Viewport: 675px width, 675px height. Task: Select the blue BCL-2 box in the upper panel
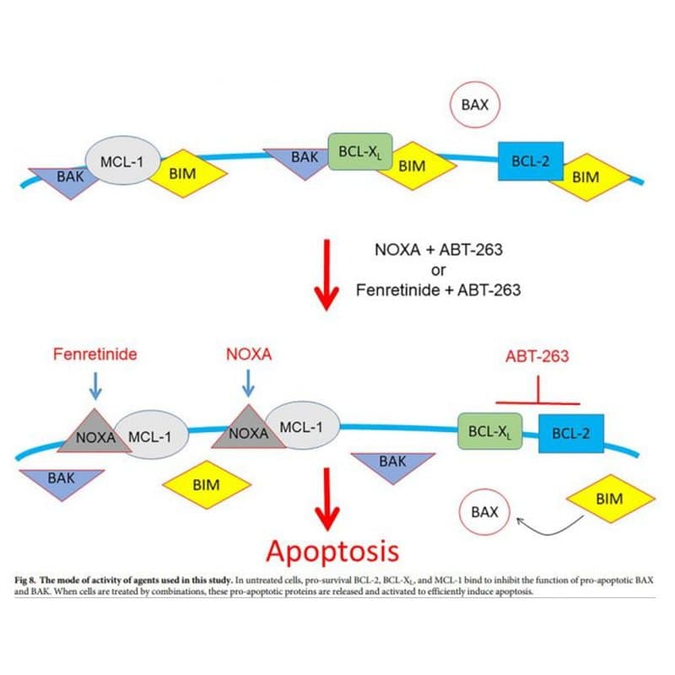[x=531, y=161]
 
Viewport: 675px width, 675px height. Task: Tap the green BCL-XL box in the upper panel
[x=360, y=151]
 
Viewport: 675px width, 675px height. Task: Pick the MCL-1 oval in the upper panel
[x=123, y=160]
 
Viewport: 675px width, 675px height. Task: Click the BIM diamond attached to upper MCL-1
[x=188, y=174]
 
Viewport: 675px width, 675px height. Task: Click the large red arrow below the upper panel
[x=327, y=275]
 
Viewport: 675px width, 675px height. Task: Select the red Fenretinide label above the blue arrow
[x=95, y=354]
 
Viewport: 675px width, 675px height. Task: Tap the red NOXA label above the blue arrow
[x=249, y=354]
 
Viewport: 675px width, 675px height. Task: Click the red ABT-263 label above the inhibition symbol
[x=537, y=356]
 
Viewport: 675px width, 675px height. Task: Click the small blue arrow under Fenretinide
[x=95, y=386]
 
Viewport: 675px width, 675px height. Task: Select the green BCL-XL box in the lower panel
[x=490, y=431]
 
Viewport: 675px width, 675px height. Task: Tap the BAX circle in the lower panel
[x=484, y=512]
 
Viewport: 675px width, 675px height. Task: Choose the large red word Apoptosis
[x=332, y=552]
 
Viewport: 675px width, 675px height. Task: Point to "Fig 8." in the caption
[x=25, y=580]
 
